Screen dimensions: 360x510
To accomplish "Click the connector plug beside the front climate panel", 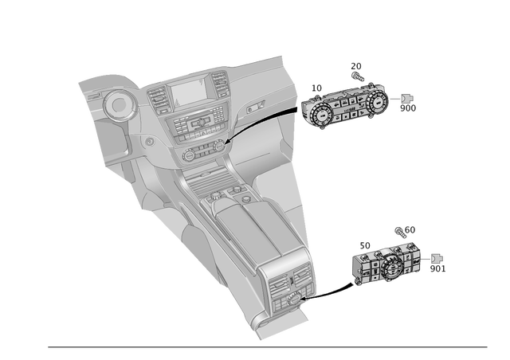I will click(x=407, y=99).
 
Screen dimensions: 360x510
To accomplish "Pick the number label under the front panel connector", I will click(x=407, y=112).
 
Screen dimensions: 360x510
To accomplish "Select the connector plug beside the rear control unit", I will click(x=437, y=258).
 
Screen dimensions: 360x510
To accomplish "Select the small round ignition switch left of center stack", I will click(x=148, y=141).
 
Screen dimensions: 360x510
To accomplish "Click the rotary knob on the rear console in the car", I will click(x=295, y=298).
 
